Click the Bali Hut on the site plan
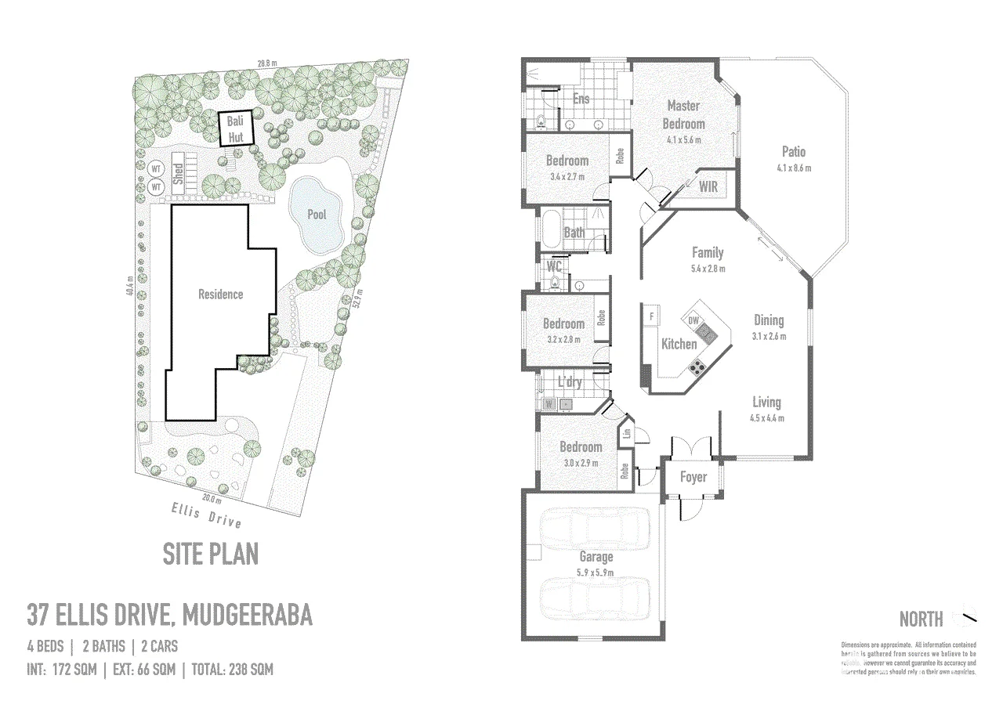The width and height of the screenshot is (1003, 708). click(235, 129)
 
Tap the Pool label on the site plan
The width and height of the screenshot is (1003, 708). click(317, 214)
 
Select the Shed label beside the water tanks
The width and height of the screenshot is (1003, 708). click(178, 172)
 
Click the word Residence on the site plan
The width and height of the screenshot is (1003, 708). click(220, 294)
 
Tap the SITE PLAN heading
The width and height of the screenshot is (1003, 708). click(210, 554)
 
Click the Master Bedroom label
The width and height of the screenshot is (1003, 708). click(683, 114)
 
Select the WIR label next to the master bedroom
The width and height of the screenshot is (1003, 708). click(707, 186)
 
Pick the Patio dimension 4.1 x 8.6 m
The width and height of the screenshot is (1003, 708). click(793, 168)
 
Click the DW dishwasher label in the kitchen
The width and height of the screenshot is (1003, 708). click(693, 320)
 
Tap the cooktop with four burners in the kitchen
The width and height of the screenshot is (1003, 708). click(697, 366)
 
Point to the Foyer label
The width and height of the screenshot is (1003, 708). click(693, 477)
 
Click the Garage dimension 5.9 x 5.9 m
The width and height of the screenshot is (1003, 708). click(596, 573)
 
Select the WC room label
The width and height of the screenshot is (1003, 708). click(553, 265)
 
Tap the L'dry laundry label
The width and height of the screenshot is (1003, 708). click(569, 382)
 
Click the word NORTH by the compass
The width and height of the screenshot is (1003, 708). click(921, 619)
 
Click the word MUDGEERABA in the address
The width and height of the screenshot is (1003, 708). click(247, 615)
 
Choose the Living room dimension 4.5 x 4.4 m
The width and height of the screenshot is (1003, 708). click(766, 418)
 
